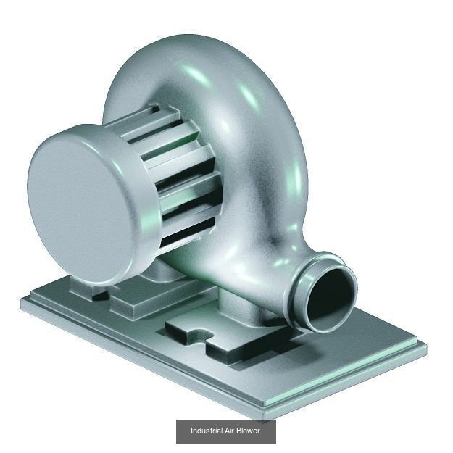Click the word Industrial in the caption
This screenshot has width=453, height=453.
[207, 431]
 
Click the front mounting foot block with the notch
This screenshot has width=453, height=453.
[217, 341]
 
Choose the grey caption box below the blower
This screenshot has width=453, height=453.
[225, 431]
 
